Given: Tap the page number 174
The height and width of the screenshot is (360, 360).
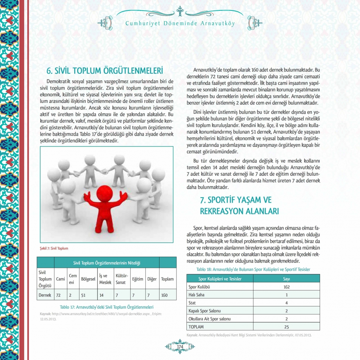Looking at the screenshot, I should (x=180, y=346).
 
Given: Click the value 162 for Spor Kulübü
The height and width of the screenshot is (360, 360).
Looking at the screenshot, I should (x=286, y=287).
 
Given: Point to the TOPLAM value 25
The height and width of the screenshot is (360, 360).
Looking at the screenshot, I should (x=286, y=327).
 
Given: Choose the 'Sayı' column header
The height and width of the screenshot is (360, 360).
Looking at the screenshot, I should (x=286, y=279).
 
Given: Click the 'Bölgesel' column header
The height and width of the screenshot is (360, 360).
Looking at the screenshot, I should (x=88, y=279).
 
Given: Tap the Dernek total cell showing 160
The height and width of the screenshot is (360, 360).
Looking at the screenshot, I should (x=164, y=295).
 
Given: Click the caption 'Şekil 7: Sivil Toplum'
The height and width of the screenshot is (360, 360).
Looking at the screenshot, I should (x=54, y=248).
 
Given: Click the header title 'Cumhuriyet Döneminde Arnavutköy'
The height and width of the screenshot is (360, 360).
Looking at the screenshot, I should (x=180, y=24).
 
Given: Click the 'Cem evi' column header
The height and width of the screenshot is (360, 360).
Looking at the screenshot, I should (x=73, y=279).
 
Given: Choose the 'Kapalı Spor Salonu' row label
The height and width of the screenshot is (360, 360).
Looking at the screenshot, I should (x=204, y=311).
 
